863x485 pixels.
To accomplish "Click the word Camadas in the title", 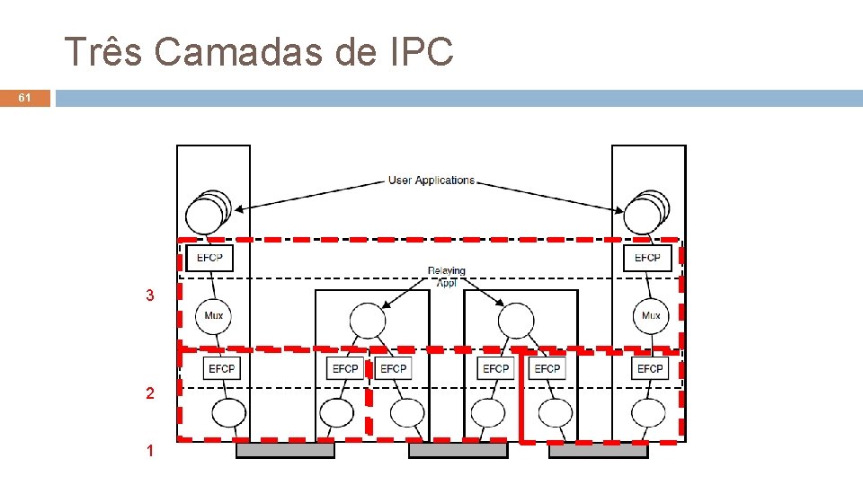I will click(x=238, y=52).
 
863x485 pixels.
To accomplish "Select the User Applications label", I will click(x=431, y=181).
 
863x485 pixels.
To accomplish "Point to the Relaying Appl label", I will click(x=447, y=277).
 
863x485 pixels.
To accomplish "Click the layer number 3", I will click(x=150, y=295).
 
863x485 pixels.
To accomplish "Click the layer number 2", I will click(x=150, y=393).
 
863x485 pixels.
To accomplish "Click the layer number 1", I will click(x=150, y=451).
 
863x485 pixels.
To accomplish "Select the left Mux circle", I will click(x=214, y=315).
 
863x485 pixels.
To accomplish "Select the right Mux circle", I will click(x=650, y=315).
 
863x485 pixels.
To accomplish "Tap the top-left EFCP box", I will click(x=209, y=258).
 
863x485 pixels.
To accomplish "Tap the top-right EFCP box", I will click(x=647, y=258).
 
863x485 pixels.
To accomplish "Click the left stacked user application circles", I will click(x=207, y=213).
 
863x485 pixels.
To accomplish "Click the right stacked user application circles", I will click(x=645, y=213).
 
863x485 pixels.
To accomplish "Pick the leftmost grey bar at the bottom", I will click(x=285, y=450).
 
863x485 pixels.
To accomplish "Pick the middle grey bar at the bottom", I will click(x=458, y=450).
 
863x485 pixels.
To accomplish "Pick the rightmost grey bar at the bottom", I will click(x=598, y=450).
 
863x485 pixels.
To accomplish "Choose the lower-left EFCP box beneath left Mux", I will click(x=221, y=368).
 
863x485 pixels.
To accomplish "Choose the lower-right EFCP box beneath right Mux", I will click(x=649, y=368).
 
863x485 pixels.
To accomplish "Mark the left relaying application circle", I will click(x=367, y=321).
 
